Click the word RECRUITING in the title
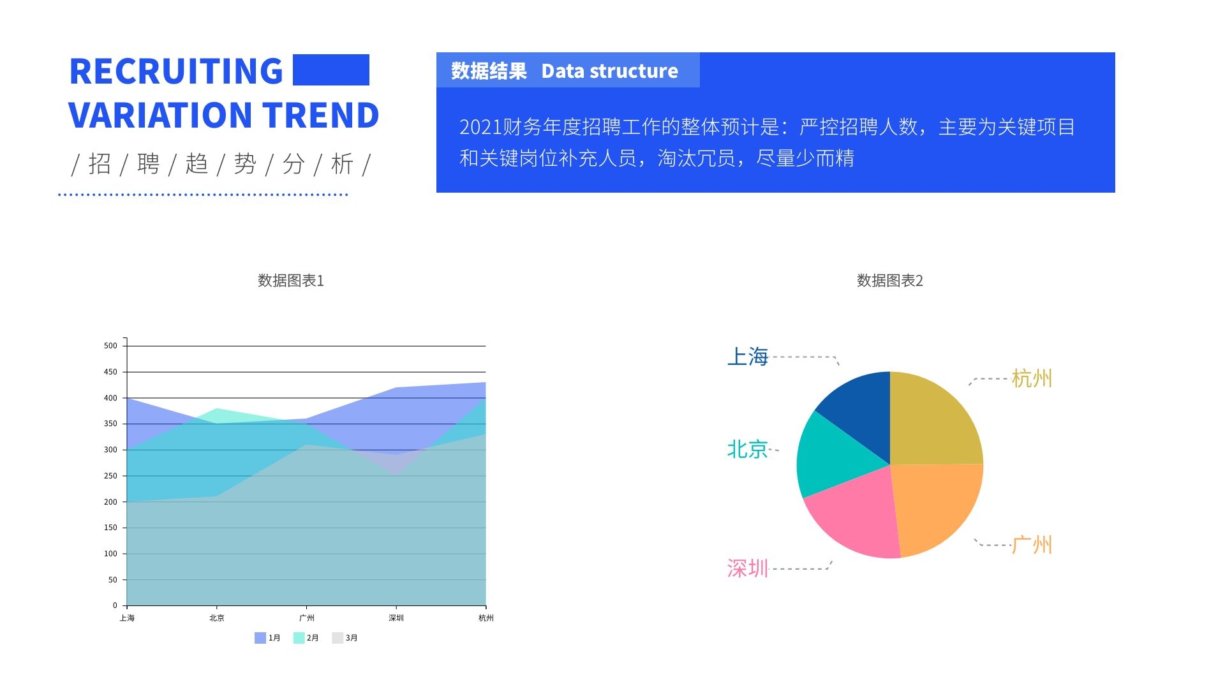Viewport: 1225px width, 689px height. pos(176,71)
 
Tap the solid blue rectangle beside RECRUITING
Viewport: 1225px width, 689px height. pos(330,70)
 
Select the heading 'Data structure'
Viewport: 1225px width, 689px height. pos(609,71)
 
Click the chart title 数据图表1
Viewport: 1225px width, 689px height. pos(291,281)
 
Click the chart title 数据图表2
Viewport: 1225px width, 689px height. pos(889,281)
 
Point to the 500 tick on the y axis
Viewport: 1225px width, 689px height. pos(111,346)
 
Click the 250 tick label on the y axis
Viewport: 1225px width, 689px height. pos(111,476)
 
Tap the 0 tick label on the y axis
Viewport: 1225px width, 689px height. pos(115,605)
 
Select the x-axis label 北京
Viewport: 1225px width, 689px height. pos(217,618)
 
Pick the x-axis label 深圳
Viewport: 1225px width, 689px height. pos(396,618)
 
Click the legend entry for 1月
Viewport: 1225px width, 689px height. pos(268,638)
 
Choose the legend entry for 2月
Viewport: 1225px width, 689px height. pos(306,638)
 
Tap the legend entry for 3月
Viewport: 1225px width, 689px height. pos(345,638)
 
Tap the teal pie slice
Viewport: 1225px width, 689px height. pos(829,456)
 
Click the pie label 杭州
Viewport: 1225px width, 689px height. pos(1031,378)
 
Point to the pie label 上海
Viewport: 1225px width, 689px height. pos(748,357)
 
